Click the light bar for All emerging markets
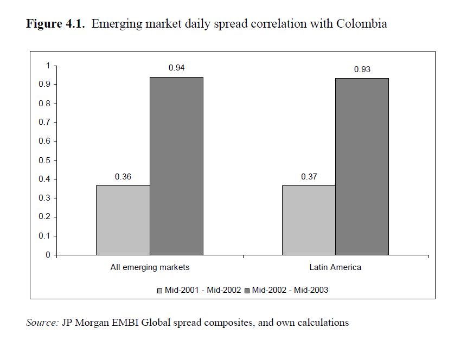[123, 220]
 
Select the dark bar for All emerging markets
[176, 166]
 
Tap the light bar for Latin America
[309, 220]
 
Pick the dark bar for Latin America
[362, 166]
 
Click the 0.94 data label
[176, 68]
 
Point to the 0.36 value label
[123, 177]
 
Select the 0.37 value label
[309, 177]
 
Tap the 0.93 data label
[362, 69]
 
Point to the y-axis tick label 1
[48, 66]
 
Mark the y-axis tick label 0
[48, 255]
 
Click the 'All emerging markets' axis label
[150, 267]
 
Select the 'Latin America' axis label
[335, 267]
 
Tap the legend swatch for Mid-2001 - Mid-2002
[160, 291]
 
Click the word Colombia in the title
[361, 24]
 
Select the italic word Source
[42, 323]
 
